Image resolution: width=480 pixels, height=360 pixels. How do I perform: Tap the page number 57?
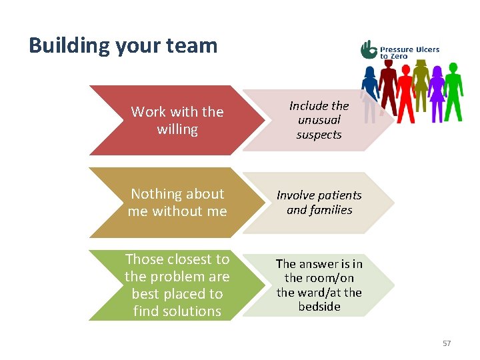(446, 343)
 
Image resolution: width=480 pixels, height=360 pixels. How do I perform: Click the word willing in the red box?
(177, 129)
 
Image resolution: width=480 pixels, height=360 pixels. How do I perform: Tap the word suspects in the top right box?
(319, 135)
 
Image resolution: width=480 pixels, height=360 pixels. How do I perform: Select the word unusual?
(319, 120)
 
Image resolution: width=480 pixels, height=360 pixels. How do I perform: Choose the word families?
(329, 210)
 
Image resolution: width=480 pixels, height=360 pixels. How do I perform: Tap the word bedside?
(319, 307)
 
